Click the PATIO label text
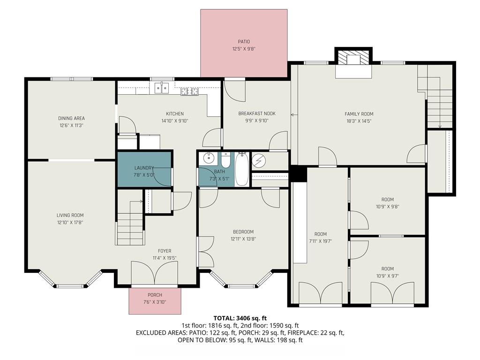(244, 42)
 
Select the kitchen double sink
(162, 88)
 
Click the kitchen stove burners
(190, 91)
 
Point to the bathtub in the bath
(241, 169)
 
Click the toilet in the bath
(225, 161)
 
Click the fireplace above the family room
(352, 59)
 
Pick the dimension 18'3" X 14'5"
(359, 121)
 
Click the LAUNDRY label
(144, 168)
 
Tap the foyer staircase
(129, 223)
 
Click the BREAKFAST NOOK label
(257, 113)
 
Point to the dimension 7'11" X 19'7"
(321, 241)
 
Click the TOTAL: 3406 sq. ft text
(240, 318)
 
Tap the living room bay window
(70, 280)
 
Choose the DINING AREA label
(71, 118)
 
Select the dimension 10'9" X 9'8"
(387, 207)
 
